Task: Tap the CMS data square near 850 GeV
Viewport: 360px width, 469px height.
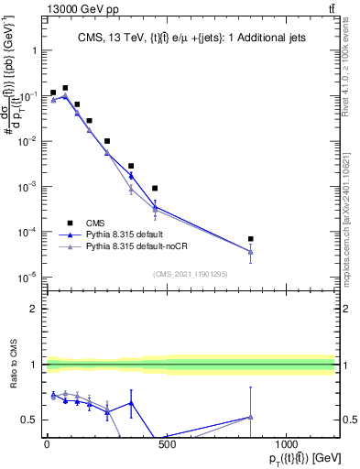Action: [x=250, y=239]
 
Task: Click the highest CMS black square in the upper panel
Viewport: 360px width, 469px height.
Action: [x=65, y=88]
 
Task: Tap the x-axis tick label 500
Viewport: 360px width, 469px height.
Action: [x=167, y=444]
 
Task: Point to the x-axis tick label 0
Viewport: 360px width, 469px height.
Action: [x=47, y=444]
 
